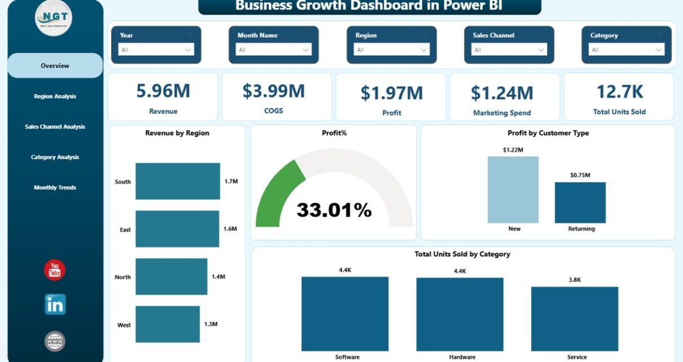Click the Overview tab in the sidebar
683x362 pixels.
click(55, 66)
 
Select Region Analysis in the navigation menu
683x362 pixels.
click(55, 96)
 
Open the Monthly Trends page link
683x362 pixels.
click(55, 188)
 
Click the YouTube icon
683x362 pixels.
click(55, 270)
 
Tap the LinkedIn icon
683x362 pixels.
click(55, 304)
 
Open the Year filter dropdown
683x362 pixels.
click(156, 50)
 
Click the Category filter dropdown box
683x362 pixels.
click(627, 50)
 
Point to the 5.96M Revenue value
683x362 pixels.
click(163, 91)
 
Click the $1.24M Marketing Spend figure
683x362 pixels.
click(502, 92)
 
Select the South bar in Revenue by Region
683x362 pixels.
click(178, 181)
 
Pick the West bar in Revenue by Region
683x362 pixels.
click(168, 324)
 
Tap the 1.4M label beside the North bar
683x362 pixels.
click(218, 277)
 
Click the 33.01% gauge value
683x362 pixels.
click(334, 210)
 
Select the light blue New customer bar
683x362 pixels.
click(513, 189)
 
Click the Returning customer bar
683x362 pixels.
click(580, 202)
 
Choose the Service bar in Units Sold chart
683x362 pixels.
click(574, 319)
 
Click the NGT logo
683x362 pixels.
click(54, 18)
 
